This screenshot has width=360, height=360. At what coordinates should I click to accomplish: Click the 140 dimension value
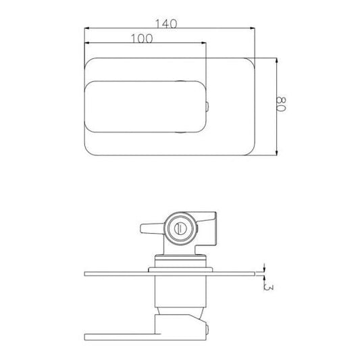(166, 24)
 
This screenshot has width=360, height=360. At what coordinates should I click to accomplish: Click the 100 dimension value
(142, 38)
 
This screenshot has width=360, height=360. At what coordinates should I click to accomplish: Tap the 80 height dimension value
(281, 104)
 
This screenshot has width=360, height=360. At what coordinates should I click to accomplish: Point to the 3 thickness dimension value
(269, 288)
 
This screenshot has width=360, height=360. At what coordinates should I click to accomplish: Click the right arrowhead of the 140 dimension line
(253, 28)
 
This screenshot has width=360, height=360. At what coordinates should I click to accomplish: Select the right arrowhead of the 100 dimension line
(203, 43)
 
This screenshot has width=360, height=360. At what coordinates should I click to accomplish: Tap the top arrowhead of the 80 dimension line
(276, 61)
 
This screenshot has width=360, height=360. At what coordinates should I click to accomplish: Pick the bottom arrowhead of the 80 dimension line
(276, 153)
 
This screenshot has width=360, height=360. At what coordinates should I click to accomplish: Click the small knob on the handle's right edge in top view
(207, 107)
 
